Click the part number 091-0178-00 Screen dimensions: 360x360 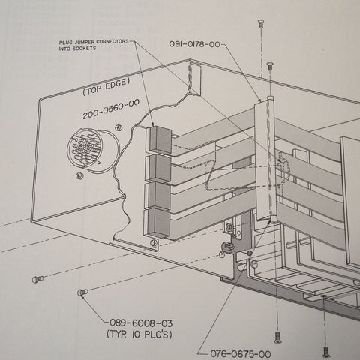click(x=195, y=44)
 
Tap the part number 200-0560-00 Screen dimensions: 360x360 click(x=111, y=109)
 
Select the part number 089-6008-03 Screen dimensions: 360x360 click(x=141, y=323)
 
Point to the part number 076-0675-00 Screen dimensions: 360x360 click(x=241, y=354)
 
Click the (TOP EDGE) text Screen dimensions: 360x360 click(x=106, y=86)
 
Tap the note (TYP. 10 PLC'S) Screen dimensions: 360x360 click(x=139, y=334)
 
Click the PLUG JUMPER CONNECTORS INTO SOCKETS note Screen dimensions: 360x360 click(x=94, y=45)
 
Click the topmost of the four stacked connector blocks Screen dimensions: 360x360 click(x=159, y=139)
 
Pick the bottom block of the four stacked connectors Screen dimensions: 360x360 click(x=157, y=223)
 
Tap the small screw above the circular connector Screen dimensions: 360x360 click(x=118, y=128)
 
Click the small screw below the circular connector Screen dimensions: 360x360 click(x=79, y=176)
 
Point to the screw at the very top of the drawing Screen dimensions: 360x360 click(x=260, y=25)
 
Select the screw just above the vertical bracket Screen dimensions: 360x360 click(x=270, y=66)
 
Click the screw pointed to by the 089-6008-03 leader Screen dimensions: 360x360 click(x=82, y=292)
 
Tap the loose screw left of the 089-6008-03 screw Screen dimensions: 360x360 click(x=37, y=278)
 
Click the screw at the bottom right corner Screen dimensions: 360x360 click(x=325, y=350)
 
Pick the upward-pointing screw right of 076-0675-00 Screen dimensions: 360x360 click(x=277, y=337)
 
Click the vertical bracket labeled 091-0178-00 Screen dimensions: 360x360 click(x=265, y=159)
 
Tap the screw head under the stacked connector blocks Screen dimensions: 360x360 click(x=154, y=242)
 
